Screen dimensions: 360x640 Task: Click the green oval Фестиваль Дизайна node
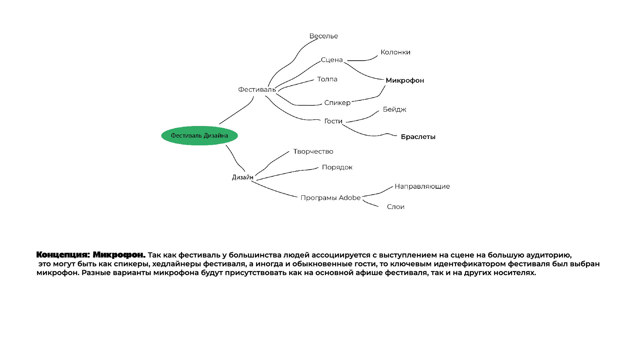click(x=199, y=136)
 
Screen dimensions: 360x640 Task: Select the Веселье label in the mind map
click(x=323, y=36)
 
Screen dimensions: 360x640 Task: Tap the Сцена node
click(x=332, y=60)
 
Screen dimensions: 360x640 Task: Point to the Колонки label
click(x=395, y=52)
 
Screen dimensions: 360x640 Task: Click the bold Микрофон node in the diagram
click(x=405, y=80)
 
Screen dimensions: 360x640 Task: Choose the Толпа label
click(x=327, y=79)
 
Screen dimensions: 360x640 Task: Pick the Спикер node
click(x=337, y=103)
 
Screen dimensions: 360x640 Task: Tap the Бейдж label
click(x=394, y=110)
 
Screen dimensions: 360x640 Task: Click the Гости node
click(x=333, y=121)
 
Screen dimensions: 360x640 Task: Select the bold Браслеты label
click(x=418, y=137)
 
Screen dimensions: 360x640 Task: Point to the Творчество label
click(x=313, y=152)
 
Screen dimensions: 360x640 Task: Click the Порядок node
click(x=337, y=167)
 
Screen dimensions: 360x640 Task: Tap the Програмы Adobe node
click(x=330, y=198)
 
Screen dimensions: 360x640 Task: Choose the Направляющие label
click(x=422, y=187)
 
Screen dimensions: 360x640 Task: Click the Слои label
click(x=395, y=207)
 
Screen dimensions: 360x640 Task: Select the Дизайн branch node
click(x=242, y=177)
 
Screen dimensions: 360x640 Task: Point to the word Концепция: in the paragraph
click(x=63, y=255)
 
